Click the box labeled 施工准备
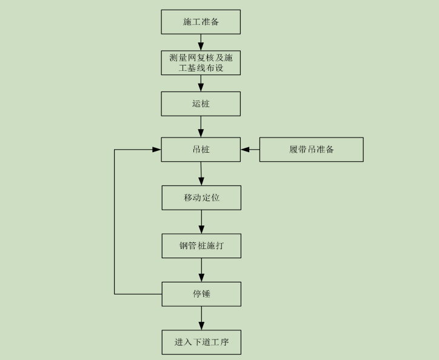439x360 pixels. [201, 22]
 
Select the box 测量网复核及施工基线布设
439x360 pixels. [201, 63]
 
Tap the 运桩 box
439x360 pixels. [201, 104]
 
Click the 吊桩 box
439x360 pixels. [201, 149]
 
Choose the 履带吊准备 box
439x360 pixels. [311, 149]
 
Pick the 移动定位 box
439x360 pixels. [201, 198]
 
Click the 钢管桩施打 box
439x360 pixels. [201, 245]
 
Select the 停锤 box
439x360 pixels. [201, 294]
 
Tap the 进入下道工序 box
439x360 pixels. [201, 342]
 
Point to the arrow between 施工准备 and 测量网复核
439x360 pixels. [201, 42]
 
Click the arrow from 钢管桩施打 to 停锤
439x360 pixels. [201, 270]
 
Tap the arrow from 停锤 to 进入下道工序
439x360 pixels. [201, 318]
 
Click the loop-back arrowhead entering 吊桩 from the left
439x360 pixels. [156, 149]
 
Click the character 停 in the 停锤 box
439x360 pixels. [196, 294]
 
